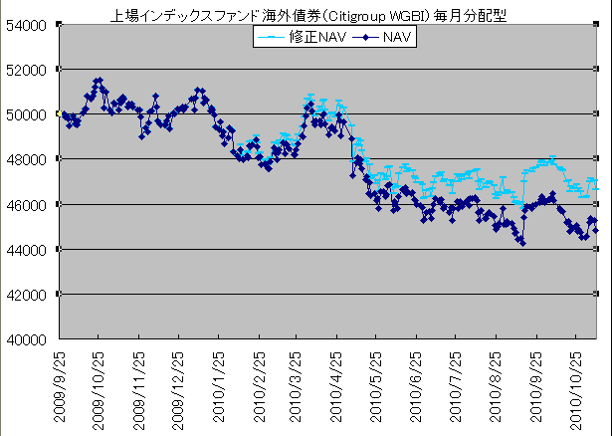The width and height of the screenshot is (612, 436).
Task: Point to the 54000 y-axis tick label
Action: [29, 25]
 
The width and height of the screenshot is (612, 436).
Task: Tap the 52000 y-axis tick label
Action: [29, 70]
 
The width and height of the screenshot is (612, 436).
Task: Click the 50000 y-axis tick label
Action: [29, 114]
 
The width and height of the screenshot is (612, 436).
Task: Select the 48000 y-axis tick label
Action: [29, 159]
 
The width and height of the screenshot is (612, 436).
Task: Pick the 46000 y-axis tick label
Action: [29, 204]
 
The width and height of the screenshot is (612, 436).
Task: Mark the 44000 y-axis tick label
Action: [29, 249]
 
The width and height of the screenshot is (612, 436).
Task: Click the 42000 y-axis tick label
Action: [29, 294]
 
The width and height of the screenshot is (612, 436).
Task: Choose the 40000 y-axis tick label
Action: [29, 338]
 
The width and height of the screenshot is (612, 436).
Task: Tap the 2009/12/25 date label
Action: [179, 388]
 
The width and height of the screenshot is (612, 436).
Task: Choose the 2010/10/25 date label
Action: [575, 388]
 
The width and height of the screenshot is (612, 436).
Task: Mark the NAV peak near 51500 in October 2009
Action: [98, 81]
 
